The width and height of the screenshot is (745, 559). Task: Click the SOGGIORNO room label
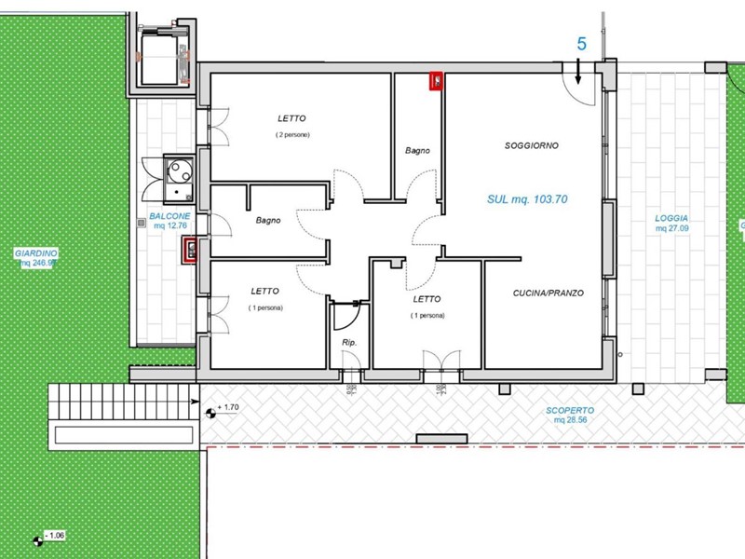tap(531, 146)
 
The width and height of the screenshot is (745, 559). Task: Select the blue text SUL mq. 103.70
tap(527, 199)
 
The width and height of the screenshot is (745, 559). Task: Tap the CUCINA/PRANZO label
tap(548, 293)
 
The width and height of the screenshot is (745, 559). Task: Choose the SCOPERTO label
tap(570, 410)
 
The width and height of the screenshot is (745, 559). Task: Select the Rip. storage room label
tap(349, 343)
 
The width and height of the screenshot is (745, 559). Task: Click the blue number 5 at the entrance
tap(581, 44)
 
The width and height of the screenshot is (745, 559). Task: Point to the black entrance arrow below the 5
tap(578, 71)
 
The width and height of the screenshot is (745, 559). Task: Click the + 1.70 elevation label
tap(229, 408)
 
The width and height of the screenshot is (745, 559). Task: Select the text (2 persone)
tap(291, 135)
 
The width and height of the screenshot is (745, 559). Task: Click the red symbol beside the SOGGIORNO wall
tap(435, 82)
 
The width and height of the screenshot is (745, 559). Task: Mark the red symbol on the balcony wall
tap(190, 251)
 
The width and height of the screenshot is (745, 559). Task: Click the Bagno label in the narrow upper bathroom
tap(417, 150)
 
